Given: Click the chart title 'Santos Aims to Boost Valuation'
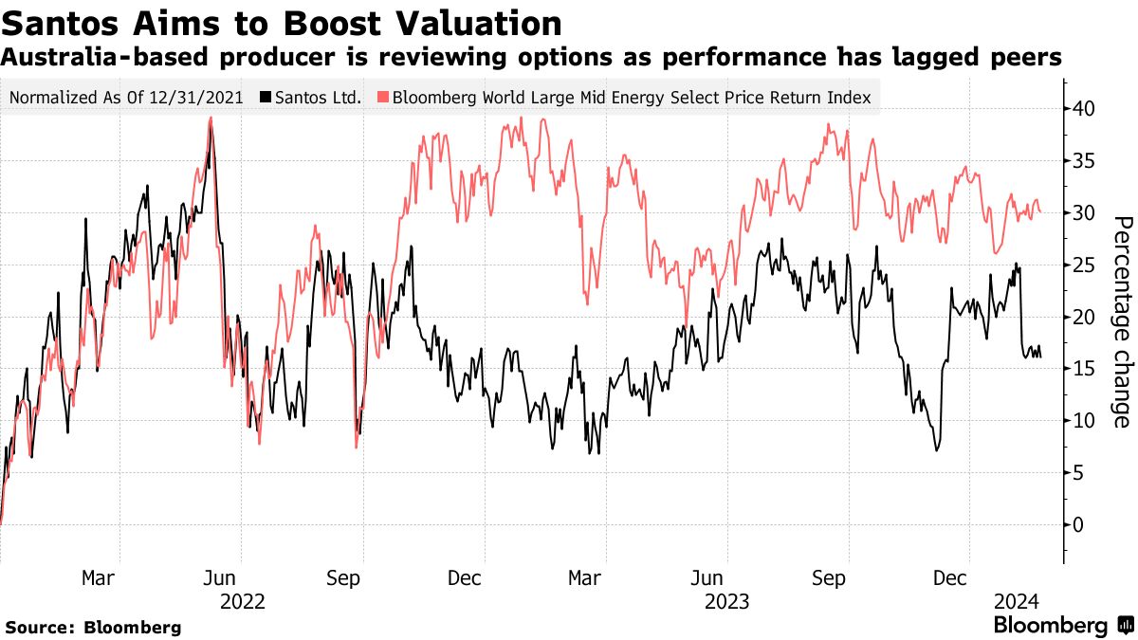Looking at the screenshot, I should tap(281, 22).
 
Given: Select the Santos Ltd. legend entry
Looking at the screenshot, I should tap(318, 97).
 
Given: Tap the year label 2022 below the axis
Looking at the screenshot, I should tap(242, 601).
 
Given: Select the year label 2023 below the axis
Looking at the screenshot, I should tap(727, 601).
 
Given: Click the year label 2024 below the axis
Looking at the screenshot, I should tap(1017, 601).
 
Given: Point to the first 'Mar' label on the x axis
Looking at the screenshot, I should tap(100, 577).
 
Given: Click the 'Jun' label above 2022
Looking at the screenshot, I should tap(221, 577).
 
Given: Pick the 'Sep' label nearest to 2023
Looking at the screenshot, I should tap(829, 577).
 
